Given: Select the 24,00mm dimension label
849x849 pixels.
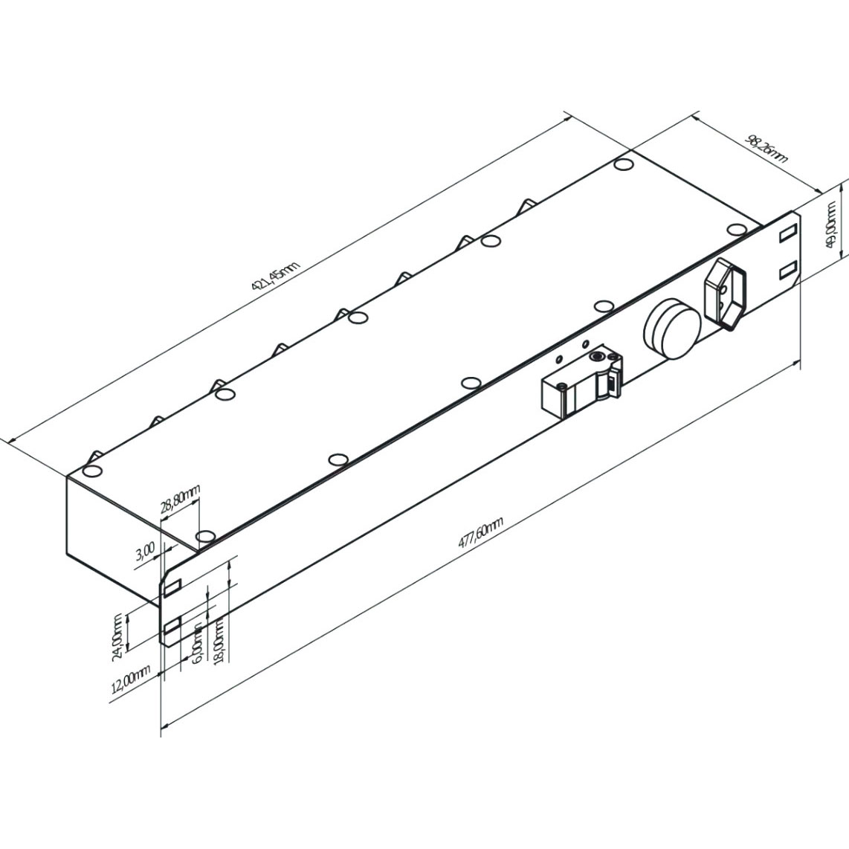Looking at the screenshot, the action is pyautogui.click(x=117, y=637).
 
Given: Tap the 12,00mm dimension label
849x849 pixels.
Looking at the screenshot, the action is pyautogui.click(x=131, y=680).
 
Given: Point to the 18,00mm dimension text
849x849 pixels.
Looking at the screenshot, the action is pyautogui.click(x=219, y=643).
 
